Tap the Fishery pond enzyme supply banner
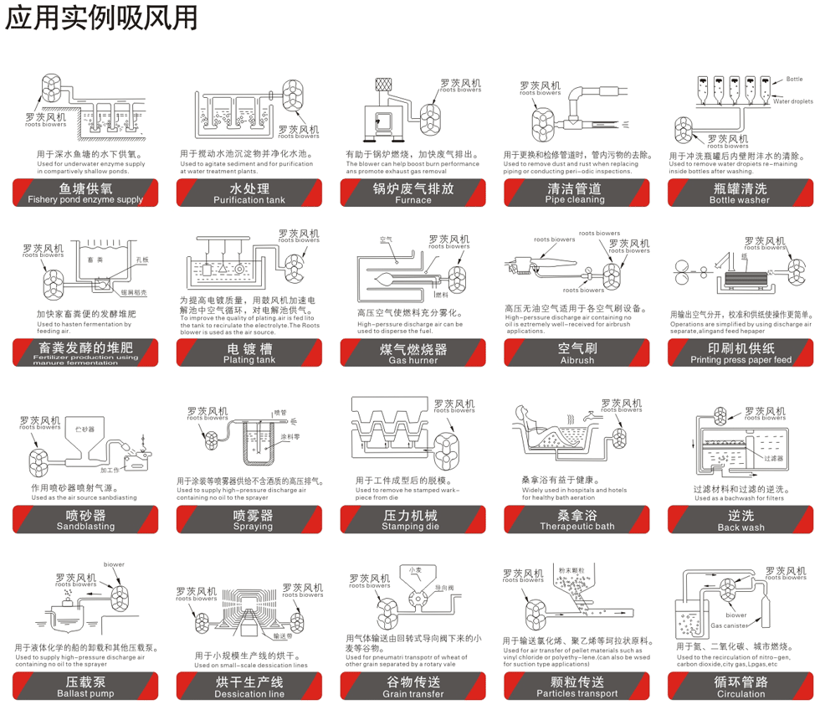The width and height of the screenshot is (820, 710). click(x=85, y=193)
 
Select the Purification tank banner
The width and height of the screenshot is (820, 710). click(x=249, y=193)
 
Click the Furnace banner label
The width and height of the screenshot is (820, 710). click(x=413, y=193)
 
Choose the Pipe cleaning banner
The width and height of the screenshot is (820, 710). click(x=577, y=193)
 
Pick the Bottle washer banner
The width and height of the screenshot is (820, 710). click(x=741, y=193)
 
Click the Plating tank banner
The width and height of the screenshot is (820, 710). click(x=249, y=353)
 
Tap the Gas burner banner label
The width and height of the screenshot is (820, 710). click(x=413, y=353)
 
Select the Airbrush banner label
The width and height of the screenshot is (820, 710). click(x=577, y=353)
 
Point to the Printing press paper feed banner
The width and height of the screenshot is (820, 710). click(x=741, y=353)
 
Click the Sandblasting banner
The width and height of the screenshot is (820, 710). click(x=85, y=520)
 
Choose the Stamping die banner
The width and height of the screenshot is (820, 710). click(x=413, y=520)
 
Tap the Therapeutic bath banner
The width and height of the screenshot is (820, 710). click(x=577, y=520)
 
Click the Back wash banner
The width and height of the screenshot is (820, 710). click(x=741, y=520)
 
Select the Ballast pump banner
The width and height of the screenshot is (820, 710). click(x=85, y=687)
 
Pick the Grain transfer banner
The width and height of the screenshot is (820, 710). click(x=413, y=687)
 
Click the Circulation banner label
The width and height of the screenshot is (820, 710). click(x=741, y=687)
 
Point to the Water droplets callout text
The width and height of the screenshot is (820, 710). click(x=792, y=100)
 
